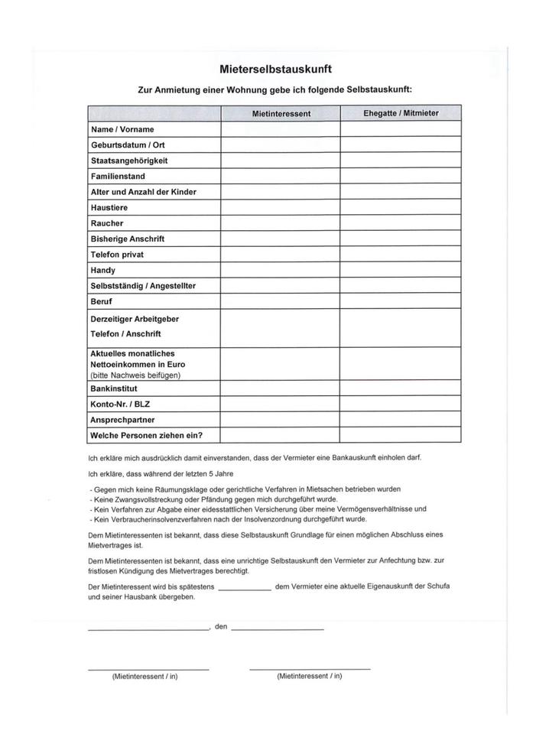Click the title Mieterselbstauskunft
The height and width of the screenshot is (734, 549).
coord(274,69)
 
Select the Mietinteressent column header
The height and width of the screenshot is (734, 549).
coord(281,113)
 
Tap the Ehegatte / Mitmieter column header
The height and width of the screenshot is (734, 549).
coord(401,113)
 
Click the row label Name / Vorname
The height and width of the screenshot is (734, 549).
coord(122,130)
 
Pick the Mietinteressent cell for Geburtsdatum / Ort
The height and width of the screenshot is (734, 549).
coord(281,145)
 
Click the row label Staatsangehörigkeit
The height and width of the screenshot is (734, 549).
coord(129,161)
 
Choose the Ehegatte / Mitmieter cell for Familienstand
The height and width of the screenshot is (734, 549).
coord(401,177)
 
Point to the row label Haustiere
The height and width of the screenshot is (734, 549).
coord(109,208)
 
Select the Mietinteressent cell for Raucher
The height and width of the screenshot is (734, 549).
coord(281,223)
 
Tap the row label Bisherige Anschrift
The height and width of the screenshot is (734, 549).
coord(128,239)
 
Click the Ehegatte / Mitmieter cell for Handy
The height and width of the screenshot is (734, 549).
coord(401,270)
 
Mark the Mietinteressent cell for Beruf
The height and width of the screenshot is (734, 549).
coord(281,301)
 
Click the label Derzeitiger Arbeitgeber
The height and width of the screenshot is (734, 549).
coord(135,319)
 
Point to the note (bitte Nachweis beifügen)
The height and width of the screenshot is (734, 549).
coord(136,375)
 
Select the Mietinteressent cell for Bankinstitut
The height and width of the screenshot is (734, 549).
coord(281,388)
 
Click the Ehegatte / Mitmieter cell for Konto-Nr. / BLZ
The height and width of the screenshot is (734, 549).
coord(401,404)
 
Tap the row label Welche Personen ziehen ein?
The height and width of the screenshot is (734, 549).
coord(145,436)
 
